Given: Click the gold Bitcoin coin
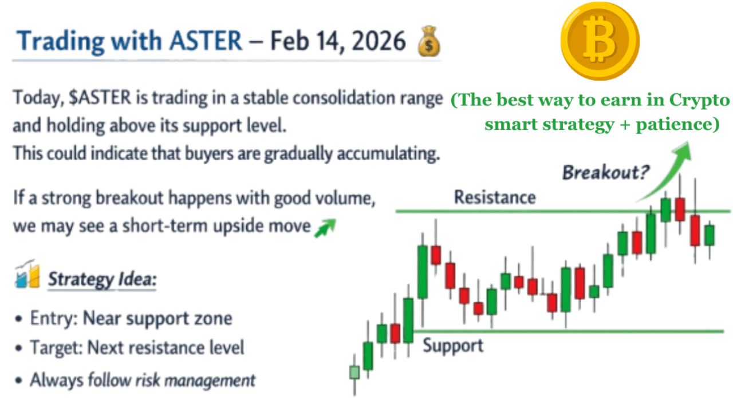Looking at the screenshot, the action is (600, 41).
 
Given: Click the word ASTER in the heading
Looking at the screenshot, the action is (206, 41).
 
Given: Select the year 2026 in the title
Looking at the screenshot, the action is (379, 41).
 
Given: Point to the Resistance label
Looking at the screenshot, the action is (495, 197).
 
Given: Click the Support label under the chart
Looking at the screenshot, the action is (453, 346).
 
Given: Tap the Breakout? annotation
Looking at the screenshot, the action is (605, 172).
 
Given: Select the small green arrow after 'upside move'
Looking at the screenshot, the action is (325, 228).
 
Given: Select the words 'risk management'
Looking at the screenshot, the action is (195, 381).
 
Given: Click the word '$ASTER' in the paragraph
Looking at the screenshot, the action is (100, 98).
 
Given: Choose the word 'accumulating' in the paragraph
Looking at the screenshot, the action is (388, 154).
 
